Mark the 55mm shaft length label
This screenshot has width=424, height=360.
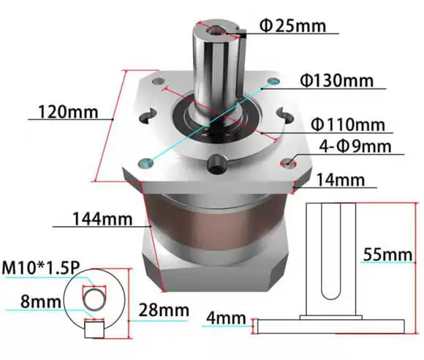tap(388, 255)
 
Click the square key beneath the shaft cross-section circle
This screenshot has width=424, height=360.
tap(93, 329)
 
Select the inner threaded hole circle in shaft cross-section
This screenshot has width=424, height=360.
tap(94, 298)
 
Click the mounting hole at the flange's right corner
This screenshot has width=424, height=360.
tap(292, 162)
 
